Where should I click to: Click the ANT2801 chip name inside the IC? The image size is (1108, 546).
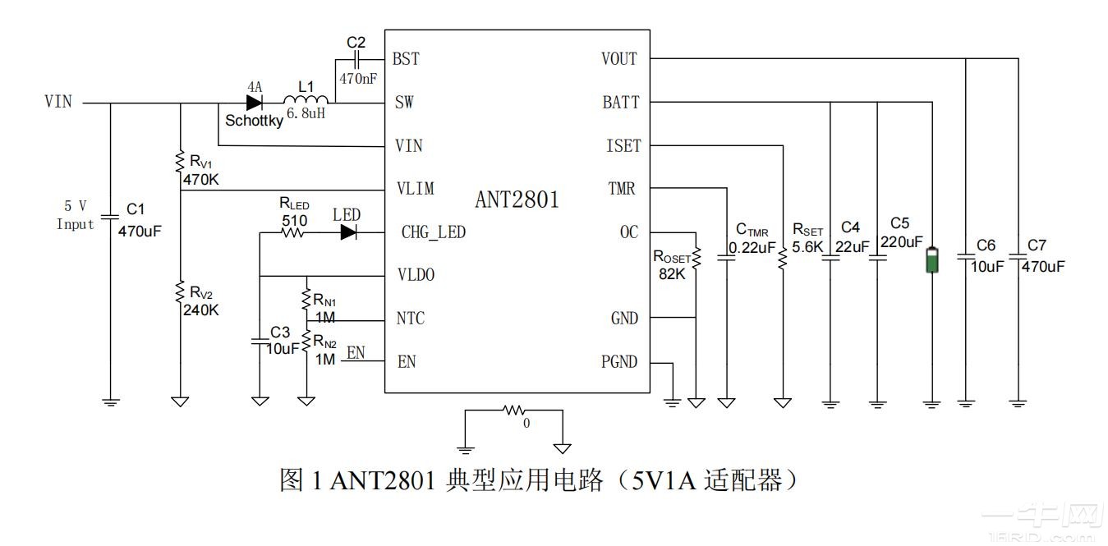pyautogui.click(x=517, y=200)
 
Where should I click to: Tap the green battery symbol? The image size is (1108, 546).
pyautogui.click(x=931, y=260)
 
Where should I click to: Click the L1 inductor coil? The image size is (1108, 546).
pyautogui.click(x=306, y=101)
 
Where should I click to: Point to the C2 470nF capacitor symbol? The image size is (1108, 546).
pyautogui.click(x=356, y=60)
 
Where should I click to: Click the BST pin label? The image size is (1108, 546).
pyautogui.click(x=406, y=59)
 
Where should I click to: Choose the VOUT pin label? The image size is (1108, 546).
pyautogui.click(x=619, y=59)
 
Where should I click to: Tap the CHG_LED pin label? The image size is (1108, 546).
pyautogui.click(x=433, y=232)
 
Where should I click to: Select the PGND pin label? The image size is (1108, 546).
pyautogui.click(x=619, y=362)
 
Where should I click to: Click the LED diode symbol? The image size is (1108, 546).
pyautogui.click(x=348, y=232)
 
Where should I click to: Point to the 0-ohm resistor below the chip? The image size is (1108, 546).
pyautogui.click(x=515, y=409)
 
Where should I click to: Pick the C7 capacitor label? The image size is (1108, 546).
pyautogui.click(x=1037, y=245)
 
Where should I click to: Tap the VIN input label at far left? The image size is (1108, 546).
pyautogui.click(x=58, y=102)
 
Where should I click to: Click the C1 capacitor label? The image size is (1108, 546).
pyautogui.click(x=136, y=210)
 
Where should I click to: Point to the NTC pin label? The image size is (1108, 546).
pyautogui.click(x=411, y=319)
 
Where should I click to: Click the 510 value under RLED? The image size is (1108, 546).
pyautogui.click(x=294, y=220)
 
